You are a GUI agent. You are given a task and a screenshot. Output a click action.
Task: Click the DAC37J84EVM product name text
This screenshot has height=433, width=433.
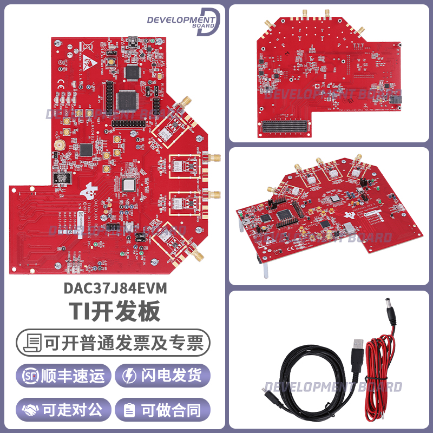pos(113,289)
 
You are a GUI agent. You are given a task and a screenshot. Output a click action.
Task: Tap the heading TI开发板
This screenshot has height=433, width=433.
pos(113,312)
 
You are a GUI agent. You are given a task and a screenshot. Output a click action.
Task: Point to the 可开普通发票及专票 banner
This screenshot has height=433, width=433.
pos(113,343)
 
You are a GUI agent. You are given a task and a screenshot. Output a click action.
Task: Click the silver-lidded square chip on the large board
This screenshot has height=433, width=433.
pos(130,185)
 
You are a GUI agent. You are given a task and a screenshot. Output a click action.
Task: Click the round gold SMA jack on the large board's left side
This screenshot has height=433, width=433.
pos(59,146)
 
